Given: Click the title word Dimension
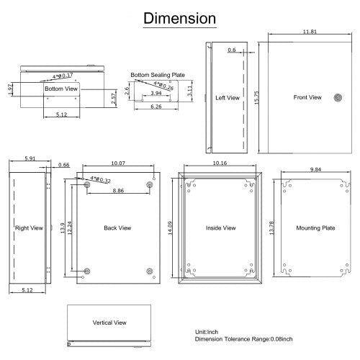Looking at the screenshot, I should pos(180,17).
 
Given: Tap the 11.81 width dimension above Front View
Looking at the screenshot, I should pos(310,32).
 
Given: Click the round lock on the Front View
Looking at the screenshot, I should pos(338,97).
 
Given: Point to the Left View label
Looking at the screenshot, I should pos(228,97).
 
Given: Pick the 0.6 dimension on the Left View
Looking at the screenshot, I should pos(231,50).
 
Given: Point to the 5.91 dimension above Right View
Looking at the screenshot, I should pos(30,158).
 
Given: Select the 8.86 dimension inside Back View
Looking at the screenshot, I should pos(118,192).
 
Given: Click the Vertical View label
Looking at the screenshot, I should pos(109,323).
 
